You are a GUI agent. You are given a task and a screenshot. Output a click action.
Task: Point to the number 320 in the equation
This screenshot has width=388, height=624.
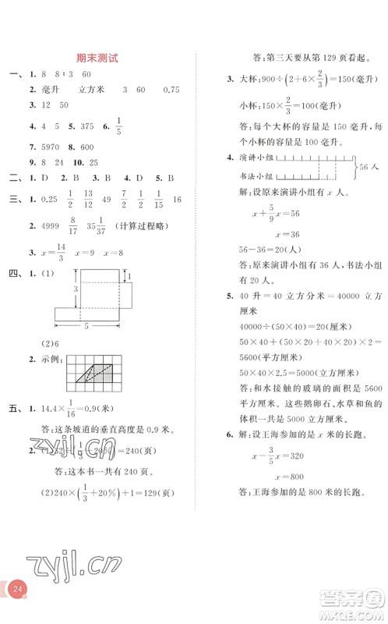click(301, 458)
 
